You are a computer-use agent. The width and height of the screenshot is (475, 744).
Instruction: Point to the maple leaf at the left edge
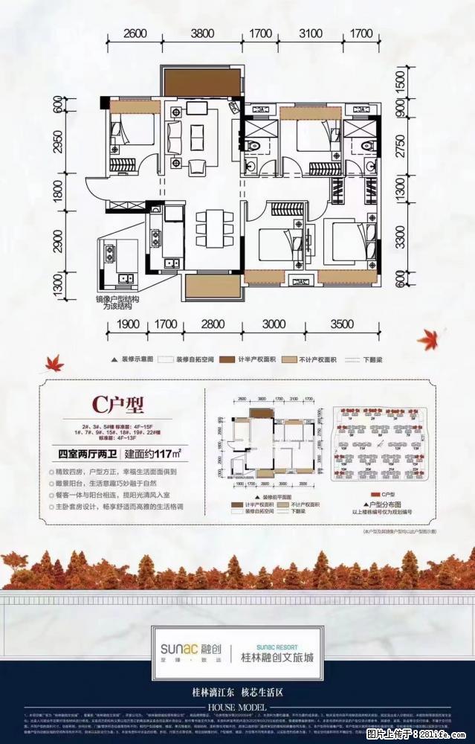(55, 363)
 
